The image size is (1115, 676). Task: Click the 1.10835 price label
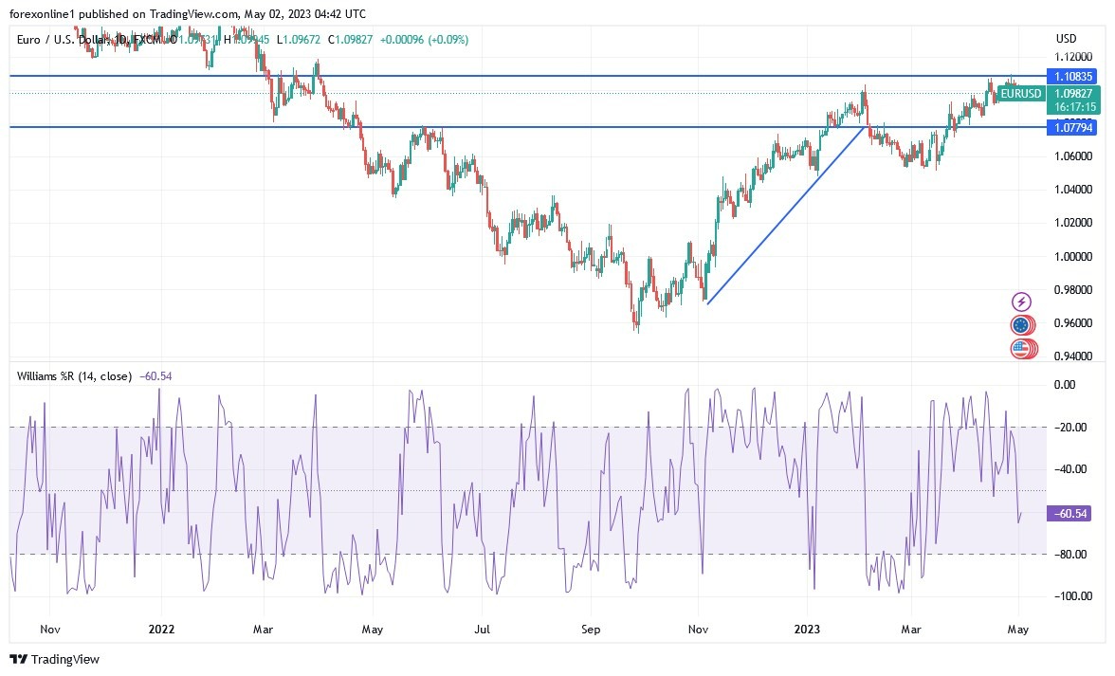coord(1073,76)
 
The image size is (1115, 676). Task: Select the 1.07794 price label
coord(1073,127)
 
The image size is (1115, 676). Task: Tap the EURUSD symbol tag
coord(1021,93)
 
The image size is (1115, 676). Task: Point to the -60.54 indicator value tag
coord(1069,514)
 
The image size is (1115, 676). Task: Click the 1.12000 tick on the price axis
coord(1074,56)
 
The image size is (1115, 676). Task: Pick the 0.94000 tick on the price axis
coord(1074,356)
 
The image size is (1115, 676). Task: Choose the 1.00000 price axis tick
coord(1074,256)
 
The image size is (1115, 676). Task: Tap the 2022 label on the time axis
coord(162,629)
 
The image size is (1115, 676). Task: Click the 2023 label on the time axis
coord(807,629)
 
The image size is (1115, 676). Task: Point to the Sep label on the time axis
coord(592,629)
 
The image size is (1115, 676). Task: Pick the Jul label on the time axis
coord(482,629)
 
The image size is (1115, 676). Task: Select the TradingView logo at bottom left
coord(54,659)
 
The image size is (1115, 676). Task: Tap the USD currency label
coord(1066,38)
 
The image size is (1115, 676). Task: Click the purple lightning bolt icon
coord(1021,301)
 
